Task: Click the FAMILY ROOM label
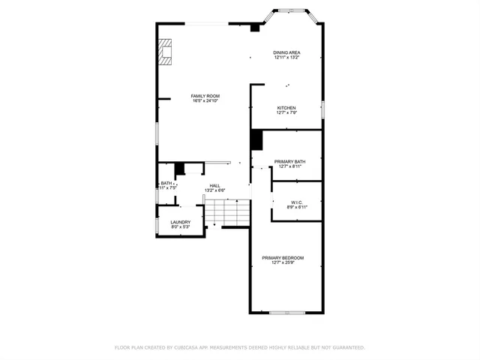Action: tap(205, 96)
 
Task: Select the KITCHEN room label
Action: tap(286, 107)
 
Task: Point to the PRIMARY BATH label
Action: tap(289, 161)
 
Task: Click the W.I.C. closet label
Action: tap(296, 202)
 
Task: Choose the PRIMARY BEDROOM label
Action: tap(283, 257)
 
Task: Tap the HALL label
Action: tap(214, 185)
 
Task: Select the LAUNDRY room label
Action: tap(180, 221)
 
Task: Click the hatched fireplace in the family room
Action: tap(165, 52)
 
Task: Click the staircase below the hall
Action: tap(228, 213)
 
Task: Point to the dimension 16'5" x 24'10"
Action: tap(205, 101)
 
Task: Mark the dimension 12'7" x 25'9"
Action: tap(283, 262)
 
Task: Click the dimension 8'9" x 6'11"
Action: tap(296, 207)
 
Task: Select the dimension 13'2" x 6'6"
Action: tap(214, 190)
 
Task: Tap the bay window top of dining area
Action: tap(289, 10)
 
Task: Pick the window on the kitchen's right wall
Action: tap(322, 109)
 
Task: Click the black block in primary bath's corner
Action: tap(256, 140)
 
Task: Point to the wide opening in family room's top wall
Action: tap(208, 24)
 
